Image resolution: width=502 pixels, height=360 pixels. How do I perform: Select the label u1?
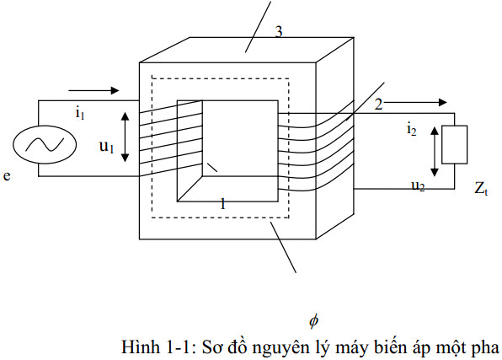[105, 146]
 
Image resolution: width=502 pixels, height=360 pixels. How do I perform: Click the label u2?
[417, 185]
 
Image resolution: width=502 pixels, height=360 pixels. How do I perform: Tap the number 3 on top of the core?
[279, 33]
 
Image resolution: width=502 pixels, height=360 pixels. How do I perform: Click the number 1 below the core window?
[222, 204]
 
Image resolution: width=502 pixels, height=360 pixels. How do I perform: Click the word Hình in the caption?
[141, 347]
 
